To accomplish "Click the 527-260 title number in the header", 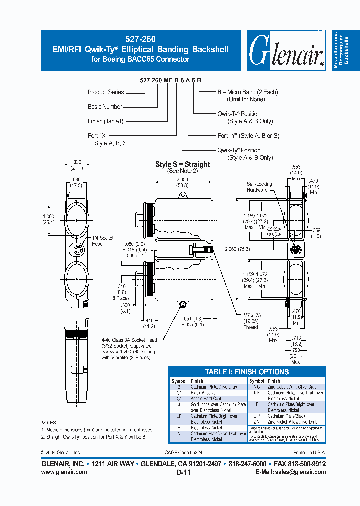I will pyautogui.click(x=142, y=39).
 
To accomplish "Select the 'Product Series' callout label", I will pyautogui.click(x=106, y=92).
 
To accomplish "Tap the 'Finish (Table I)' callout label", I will pyautogui.click(x=105, y=121).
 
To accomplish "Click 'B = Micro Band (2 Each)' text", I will pyautogui.click(x=247, y=92).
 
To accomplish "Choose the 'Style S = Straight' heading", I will pyautogui.click(x=182, y=164).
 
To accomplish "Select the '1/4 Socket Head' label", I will pyautogui.click(x=104, y=241).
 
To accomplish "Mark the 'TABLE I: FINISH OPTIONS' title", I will pyautogui.click(x=247, y=372).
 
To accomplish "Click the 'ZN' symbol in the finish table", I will pyautogui.click(x=256, y=422).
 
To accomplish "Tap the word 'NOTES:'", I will pyautogui.click(x=49, y=422).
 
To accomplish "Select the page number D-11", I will pyautogui.click(x=183, y=473).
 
